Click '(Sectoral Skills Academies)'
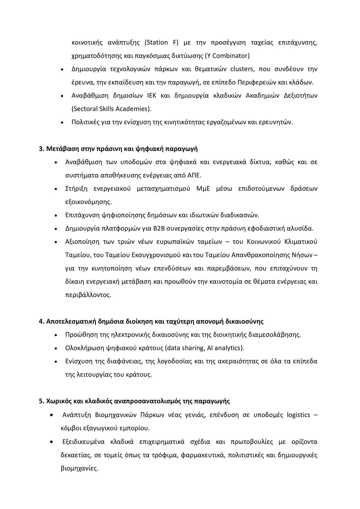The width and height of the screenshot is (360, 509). coord(111,109)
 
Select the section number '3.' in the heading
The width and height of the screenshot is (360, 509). coord(42,149)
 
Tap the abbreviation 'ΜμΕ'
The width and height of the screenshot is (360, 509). coord(203,189)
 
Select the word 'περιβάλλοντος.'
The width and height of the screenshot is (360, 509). coord(88,295)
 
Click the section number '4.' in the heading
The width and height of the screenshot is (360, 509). coord(42,321)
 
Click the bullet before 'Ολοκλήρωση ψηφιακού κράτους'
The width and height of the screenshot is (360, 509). coord(56,349)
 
